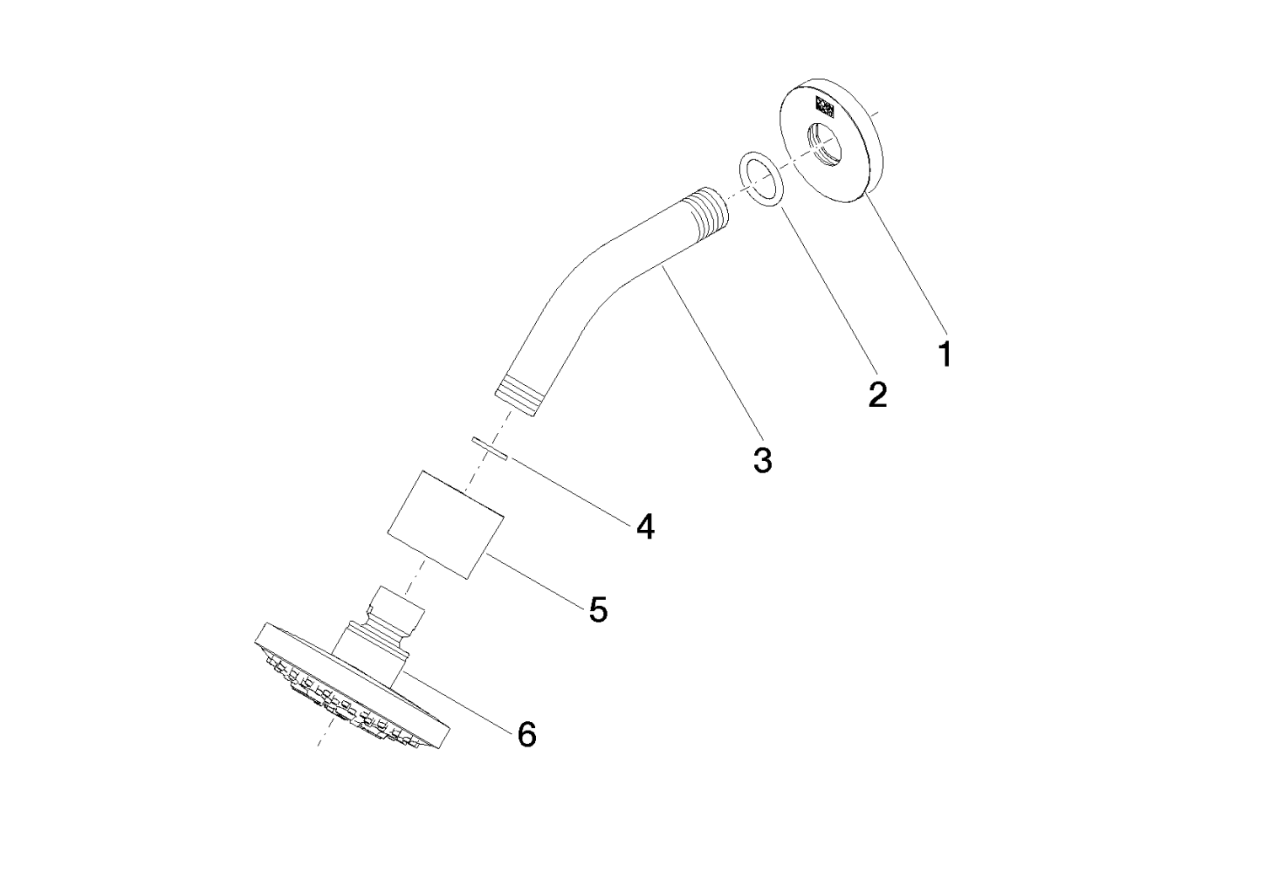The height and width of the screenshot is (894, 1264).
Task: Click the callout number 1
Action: [x=945, y=354]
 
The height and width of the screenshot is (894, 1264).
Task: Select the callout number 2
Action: [x=877, y=393]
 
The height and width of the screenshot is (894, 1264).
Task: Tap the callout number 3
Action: [x=762, y=460]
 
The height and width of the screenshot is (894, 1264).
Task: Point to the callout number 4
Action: [x=645, y=527]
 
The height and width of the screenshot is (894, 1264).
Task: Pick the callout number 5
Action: [x=597, y=609]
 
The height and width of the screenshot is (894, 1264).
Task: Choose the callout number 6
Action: [x=526, y=735]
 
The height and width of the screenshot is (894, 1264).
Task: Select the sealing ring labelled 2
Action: [x=760, y=179]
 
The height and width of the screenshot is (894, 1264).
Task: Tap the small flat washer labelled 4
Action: [x=489, y=448]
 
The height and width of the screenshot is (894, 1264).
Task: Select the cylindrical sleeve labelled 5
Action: [x=445, y=524]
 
